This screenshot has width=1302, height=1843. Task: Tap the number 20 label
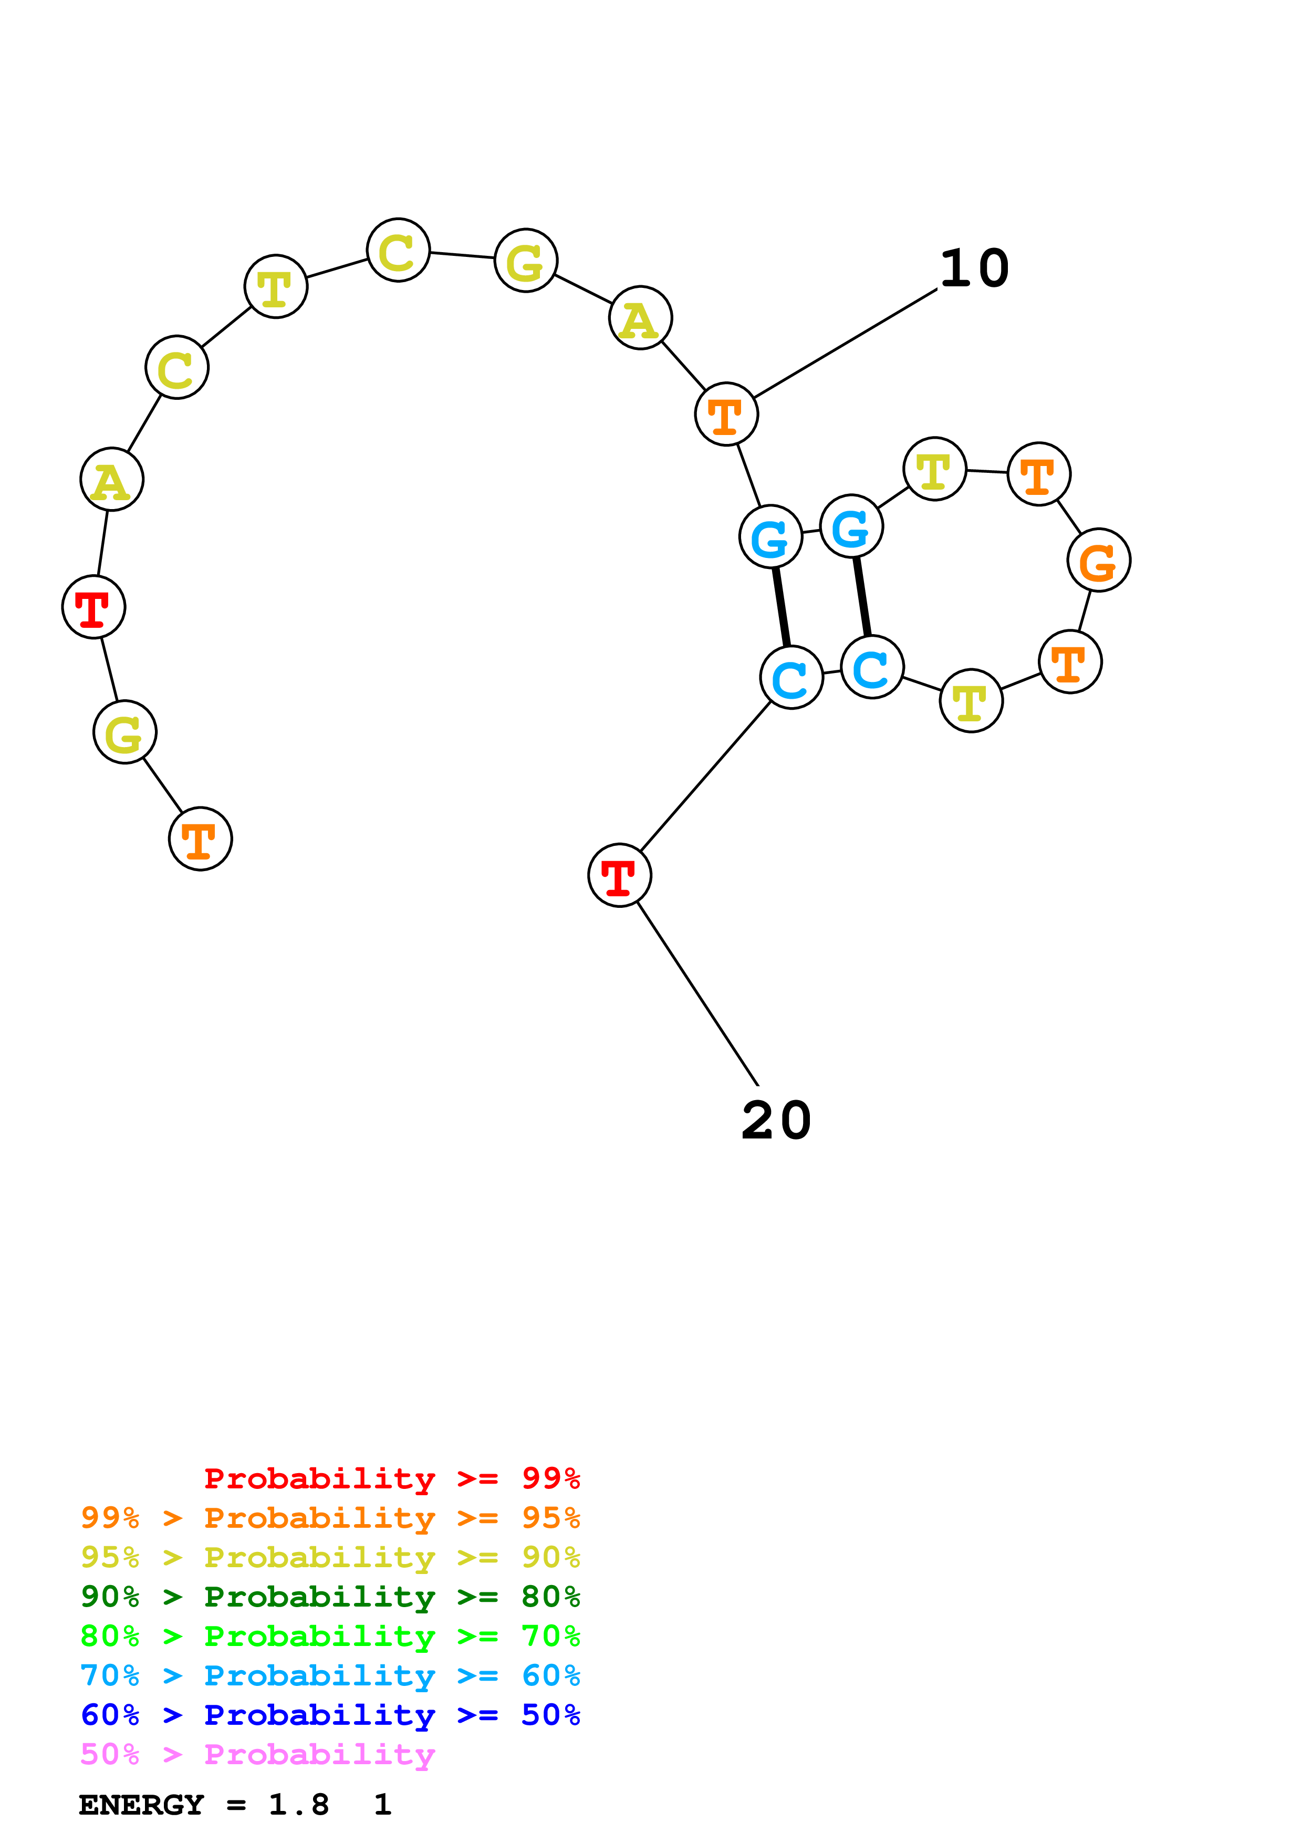coord(776,1121)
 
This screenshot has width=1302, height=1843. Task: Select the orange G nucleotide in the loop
coord(1098,560)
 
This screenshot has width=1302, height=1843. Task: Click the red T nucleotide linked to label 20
coord(619,875)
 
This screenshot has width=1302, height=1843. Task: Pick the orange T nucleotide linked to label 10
coord(726,414)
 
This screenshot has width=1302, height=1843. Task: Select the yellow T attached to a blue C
coord(971,701)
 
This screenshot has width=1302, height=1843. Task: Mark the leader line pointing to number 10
coord(845,344)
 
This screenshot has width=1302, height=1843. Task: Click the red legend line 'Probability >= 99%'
coord(391,1478)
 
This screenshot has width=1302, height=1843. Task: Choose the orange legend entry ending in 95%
coord(330,1518)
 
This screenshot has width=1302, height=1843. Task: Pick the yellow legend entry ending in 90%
coord(330,1557)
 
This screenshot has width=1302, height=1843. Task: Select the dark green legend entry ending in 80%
coord(330,1597)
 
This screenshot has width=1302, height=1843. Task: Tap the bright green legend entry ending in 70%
coord(330,1636)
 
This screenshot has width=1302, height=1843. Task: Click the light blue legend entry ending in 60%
coord(330,1675)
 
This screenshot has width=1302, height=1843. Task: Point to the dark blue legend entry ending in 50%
coord(330,1715)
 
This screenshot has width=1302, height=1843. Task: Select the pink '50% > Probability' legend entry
coord(257,1754)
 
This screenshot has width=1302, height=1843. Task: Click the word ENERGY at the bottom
coord(141,1805)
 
